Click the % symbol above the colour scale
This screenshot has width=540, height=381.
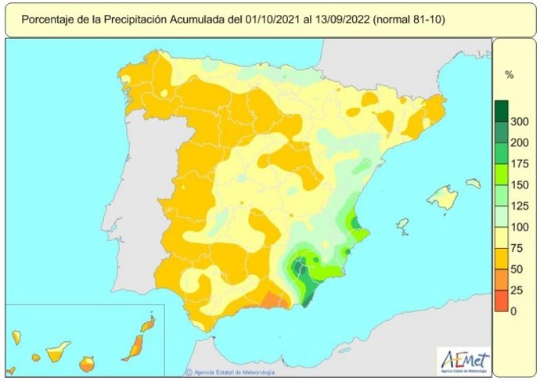509,76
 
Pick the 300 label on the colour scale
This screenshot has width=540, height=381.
518,122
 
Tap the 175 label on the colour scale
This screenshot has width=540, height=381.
518,164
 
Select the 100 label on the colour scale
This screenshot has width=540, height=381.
518,228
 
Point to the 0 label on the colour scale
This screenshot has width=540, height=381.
513,311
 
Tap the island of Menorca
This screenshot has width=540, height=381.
473,183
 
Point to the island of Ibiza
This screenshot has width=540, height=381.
402,226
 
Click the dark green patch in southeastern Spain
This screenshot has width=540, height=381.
300,269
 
